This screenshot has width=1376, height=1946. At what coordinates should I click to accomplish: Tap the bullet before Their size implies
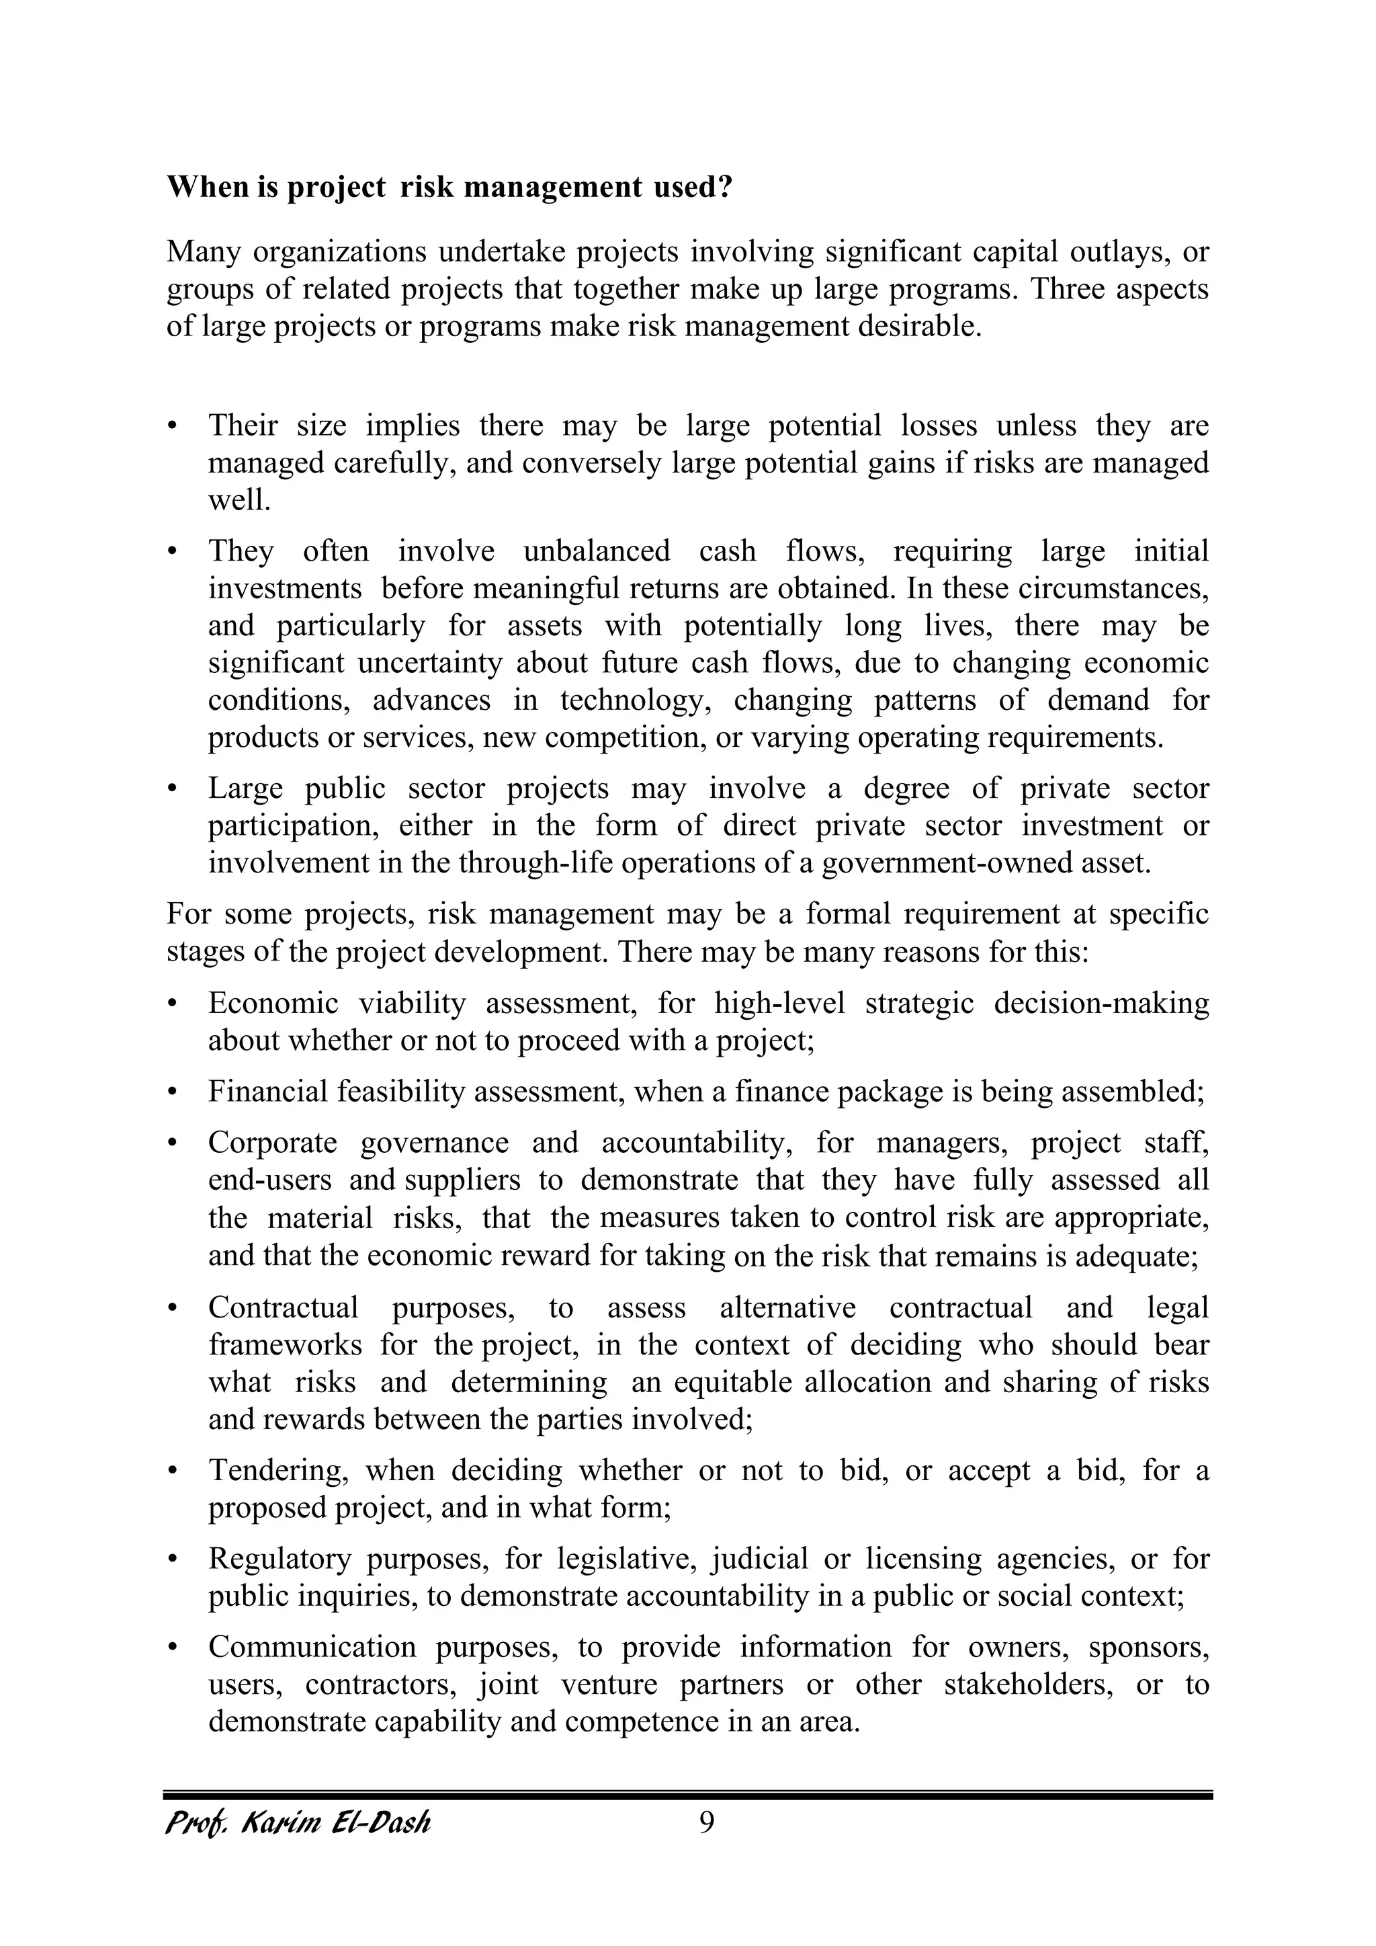point(173,425)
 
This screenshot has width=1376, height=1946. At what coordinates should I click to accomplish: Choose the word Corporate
point(273,1143)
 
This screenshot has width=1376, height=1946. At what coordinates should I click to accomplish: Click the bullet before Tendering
point(173,1471)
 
